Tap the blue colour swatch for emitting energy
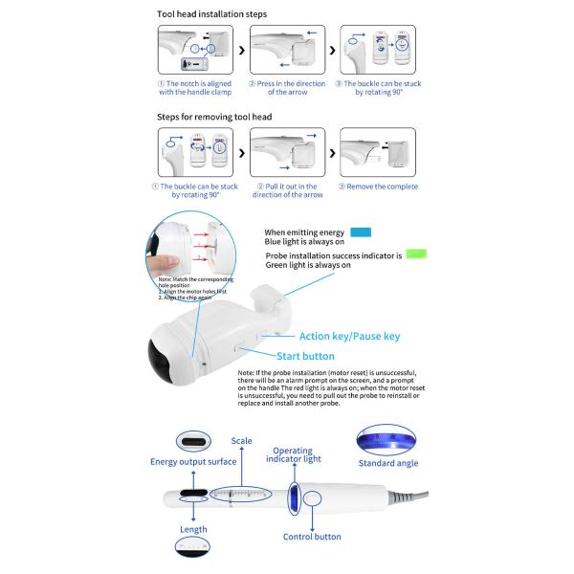click(x=360, y=232)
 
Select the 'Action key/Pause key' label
click(x=349, y=337)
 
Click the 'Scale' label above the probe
click(x=241, y=441)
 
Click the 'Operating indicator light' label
click(x=293, y=454)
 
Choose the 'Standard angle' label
click(x=387, y=463)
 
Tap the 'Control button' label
click(x=313, y=538)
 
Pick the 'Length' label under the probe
click(x=192, y=529)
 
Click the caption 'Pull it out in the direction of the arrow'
click(x=286, y=189)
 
